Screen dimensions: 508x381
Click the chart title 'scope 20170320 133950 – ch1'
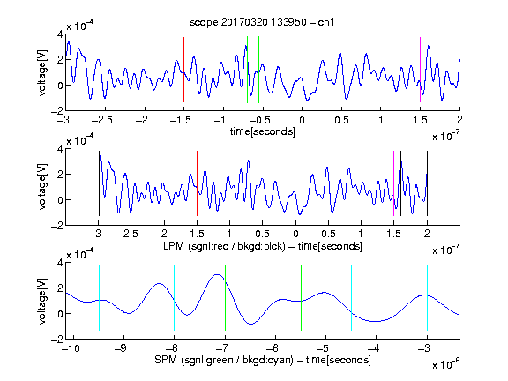262,22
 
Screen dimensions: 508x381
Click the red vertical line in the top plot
183,70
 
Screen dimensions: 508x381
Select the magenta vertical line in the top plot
420,70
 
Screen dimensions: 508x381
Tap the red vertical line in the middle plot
197,183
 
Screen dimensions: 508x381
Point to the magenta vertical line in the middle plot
393,183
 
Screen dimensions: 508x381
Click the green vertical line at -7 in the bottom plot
225,297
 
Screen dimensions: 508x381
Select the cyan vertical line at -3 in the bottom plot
427,297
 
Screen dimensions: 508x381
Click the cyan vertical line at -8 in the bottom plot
175,297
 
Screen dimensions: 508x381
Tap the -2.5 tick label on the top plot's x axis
102,120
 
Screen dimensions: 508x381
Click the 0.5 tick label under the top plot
341,120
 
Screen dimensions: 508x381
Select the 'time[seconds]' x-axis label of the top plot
263,131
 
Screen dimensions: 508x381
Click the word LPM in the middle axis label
174,246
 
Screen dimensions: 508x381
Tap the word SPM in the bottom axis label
166,360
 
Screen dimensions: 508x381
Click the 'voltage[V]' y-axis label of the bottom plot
42,301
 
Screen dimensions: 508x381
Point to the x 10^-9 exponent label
445,364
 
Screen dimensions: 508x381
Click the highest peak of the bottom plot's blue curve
217,274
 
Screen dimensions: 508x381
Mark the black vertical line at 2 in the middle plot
427,183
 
